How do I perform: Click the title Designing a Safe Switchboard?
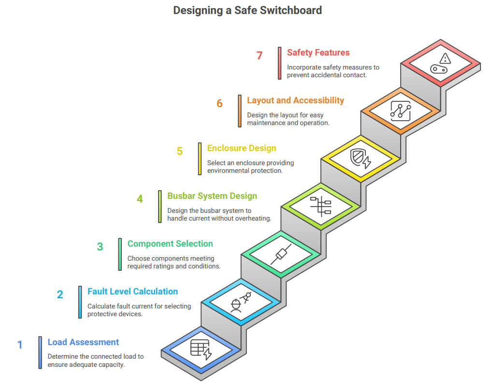[247, 10]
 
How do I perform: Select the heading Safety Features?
[318, 53]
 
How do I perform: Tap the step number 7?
[260, 56]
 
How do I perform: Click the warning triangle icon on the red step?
[445, 58]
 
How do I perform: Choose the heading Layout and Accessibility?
[295, 100]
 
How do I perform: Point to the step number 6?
[219, 103]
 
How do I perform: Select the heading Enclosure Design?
[242, 148]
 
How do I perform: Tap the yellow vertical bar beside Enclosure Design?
[200, 158]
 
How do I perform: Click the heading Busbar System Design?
[212, 196]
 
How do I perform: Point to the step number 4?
[140, 199]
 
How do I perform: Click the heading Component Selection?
[170, 244]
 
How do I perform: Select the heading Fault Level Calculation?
[132, 292]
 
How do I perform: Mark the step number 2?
[60, 294]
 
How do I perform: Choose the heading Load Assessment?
[83, 342]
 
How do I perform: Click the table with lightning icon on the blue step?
[201, 349]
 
